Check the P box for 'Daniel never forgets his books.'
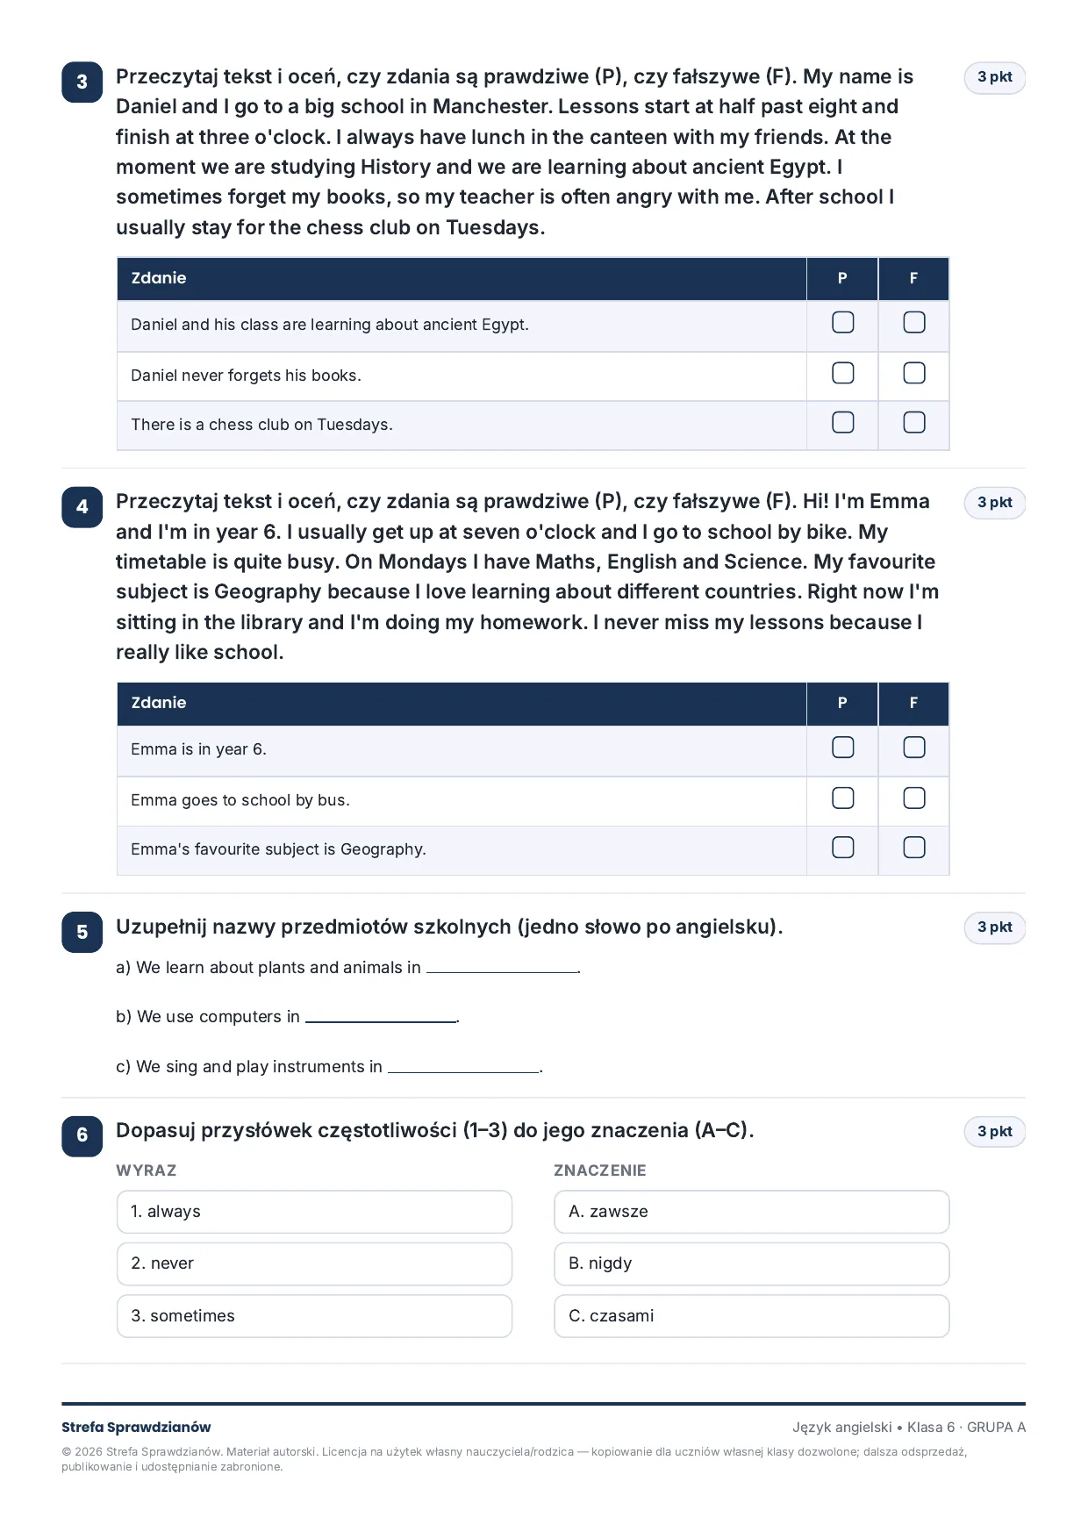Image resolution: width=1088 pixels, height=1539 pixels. pos(842,373)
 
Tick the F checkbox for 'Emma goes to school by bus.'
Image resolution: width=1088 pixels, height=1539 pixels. pos(914,798)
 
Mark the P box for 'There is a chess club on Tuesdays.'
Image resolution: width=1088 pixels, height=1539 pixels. pos(842,422)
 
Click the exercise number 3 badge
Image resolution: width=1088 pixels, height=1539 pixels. pos(82,82)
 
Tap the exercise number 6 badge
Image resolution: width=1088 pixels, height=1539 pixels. pos(82,1135)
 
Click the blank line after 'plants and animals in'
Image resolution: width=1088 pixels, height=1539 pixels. pos(503,971)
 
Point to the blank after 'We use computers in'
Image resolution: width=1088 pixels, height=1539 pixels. pos(382,1020)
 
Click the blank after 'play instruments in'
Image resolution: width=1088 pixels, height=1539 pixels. pos(464,1070)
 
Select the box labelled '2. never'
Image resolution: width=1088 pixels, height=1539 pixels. pos(314,1263)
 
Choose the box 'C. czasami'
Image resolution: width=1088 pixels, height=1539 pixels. pos(752,1316)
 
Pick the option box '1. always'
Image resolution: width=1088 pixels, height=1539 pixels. pos(314,1212)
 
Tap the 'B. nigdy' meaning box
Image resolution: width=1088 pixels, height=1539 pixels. pos(752,1263)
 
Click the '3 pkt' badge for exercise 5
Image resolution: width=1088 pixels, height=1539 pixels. pos(995,927)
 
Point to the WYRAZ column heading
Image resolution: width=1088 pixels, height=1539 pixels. pos(147,1170)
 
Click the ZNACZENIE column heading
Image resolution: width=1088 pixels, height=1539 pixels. pos(600,1170)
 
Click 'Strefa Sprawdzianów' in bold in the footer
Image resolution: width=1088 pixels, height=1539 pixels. pos(136,1428)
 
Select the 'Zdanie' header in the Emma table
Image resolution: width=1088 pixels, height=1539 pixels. pos(159,703)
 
